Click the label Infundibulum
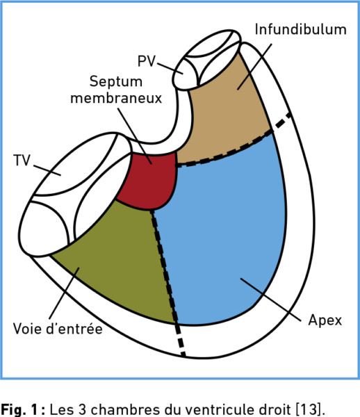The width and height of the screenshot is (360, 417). [301, 29]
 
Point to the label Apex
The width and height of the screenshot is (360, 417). [325, 320]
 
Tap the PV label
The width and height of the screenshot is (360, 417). [147, 61]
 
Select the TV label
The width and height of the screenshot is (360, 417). [22, 161]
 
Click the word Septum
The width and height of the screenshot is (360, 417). [116, 82]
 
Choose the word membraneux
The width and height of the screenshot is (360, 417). [116, 98]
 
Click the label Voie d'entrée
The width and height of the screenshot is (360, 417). [58, 329]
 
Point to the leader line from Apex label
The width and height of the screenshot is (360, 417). [270, 300]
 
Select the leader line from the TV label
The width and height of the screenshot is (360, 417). [47, 170]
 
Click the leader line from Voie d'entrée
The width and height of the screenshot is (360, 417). [65, 293]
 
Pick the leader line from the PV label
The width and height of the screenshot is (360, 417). [170, 69]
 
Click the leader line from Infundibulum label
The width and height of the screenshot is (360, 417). [254, 67]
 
